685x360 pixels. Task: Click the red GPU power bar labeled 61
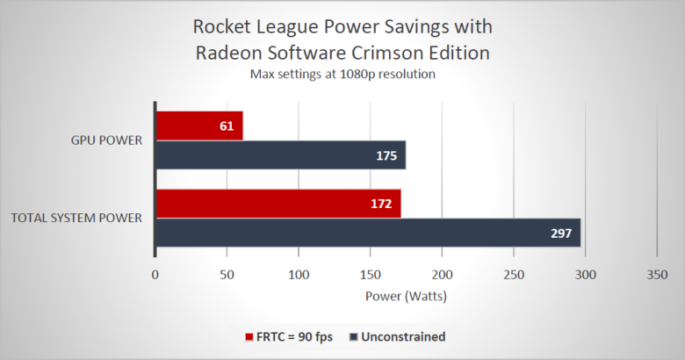198,126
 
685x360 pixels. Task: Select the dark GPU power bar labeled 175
280,155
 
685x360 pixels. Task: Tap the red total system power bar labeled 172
278,203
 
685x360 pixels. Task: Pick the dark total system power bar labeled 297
367,233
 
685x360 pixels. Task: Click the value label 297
561,233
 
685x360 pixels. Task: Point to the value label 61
226,126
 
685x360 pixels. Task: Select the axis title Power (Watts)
406,296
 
